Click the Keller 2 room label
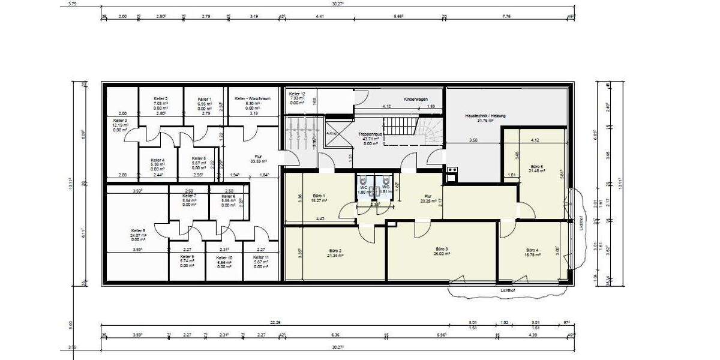coord(160,98)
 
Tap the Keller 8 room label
coord(138,230)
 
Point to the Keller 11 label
coord(261,257)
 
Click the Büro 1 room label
coord(319,196)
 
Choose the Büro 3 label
coord(442,249)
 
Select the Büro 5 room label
coord(537,167)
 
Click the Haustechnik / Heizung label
coord(481,115)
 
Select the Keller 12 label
coord(297,94)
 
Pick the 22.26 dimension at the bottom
coord(275,323)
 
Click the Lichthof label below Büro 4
coord(508,290)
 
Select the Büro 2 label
coord(335,250)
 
